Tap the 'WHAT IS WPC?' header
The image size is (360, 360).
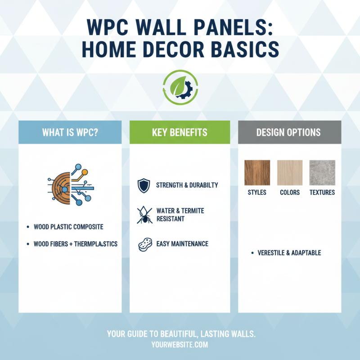point(70,132)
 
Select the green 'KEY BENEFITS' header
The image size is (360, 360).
point(180,132)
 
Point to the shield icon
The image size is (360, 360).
point(144,185)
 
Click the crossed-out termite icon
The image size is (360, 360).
point(144,215)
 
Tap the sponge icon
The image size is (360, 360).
point(144,244)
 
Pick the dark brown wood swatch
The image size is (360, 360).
point(257,173)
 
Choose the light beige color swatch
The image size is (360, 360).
point(290,173)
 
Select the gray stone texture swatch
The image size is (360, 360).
point(322,173)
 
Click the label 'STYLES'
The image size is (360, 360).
point(257,193)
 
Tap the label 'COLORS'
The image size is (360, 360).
point(290,193)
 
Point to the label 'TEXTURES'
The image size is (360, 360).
point(322,193)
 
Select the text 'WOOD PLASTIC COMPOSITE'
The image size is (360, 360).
point(68,227)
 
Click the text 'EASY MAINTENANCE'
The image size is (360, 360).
point(182,244)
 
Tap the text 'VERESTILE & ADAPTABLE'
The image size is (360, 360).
point(289,253)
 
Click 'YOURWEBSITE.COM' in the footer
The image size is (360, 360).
point(180,345)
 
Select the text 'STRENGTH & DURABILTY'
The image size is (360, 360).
point(187,185)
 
